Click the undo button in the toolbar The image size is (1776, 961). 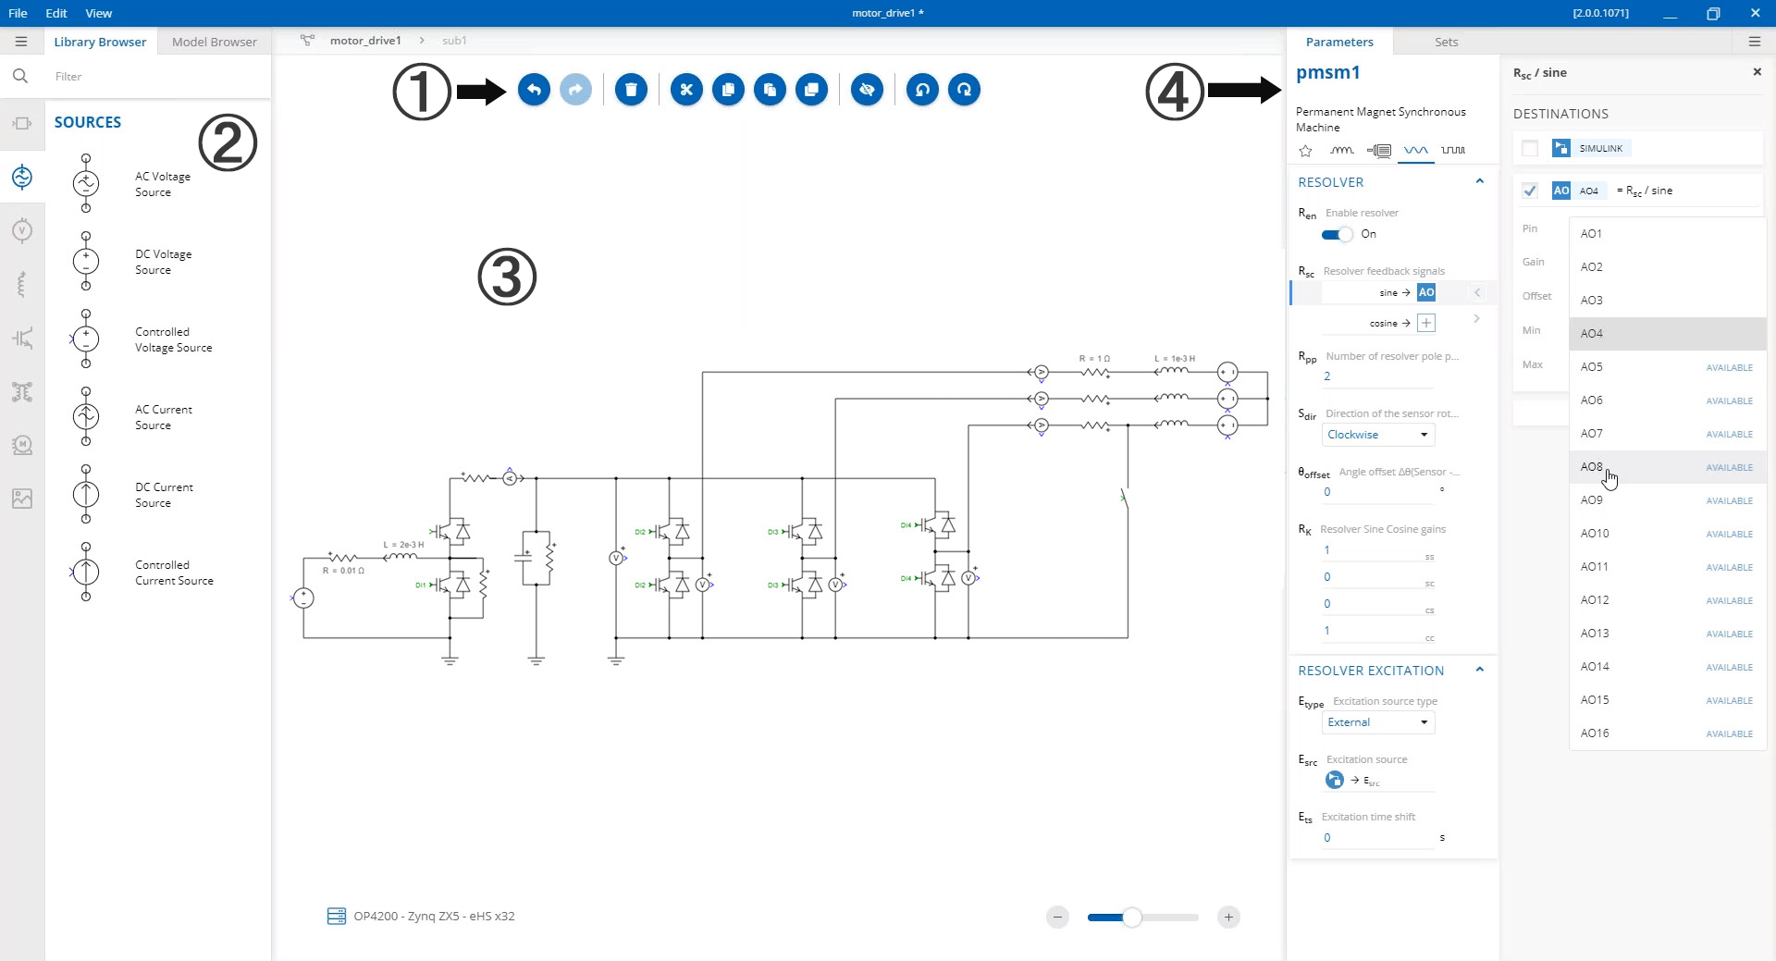click(534, 90)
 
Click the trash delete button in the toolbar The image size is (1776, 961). click(631, 90)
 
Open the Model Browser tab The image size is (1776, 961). click(214, 42)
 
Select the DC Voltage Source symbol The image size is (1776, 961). click(86, 262)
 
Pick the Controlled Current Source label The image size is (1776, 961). click(174, 573)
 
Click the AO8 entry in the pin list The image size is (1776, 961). click(1591, 467)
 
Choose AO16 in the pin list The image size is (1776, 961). click(1595, 733)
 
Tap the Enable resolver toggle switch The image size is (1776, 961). click(1337, 235)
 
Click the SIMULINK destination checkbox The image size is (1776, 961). click(1530, 148)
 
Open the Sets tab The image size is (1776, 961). click(1446, 42)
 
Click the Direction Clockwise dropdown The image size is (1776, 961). click(1377, 435)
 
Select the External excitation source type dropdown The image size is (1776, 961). click(1377, 722)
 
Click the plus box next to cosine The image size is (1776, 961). click(1426, 323)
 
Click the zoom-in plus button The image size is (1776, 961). click(1228, 918)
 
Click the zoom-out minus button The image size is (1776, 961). click(1057, 918)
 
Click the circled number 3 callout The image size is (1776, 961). click(507, 277)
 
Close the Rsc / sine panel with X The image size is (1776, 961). click(1757, 72)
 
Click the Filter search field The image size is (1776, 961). click(157, 77)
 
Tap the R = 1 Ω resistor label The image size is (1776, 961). click(1094, 358)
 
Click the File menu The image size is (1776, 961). click(18, 13)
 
